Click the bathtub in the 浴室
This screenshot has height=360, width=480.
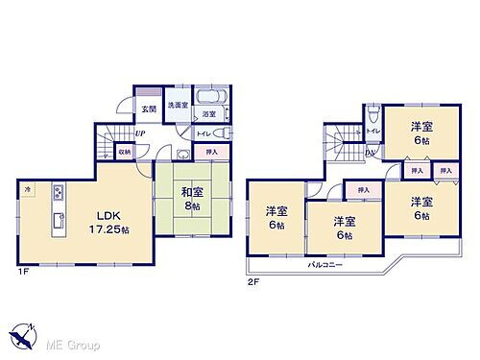point(210,98)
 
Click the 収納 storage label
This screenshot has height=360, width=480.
point(124,152)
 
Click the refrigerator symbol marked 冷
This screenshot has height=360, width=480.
point(29,190)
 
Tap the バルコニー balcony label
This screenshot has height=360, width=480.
point(325,262)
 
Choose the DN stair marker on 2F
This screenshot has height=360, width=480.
point(370,152)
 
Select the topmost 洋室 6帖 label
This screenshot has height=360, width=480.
point(421,133)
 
